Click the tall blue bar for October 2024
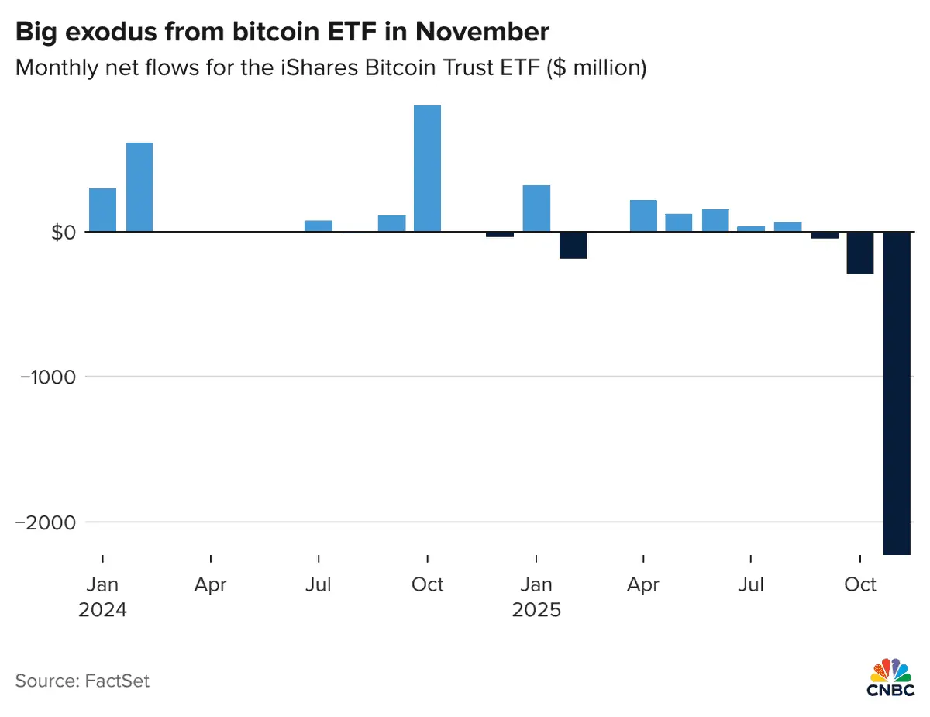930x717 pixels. tap(427, 168)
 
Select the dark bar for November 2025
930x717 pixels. tap(897, 393)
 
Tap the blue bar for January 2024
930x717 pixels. tap(102, 210)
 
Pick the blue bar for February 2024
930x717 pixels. tap(139, 188)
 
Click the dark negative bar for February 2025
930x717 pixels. tap(573, 245)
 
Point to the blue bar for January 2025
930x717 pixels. tap(536, 209)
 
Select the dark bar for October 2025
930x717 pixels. tap(860, 253)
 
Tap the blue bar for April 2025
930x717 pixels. tap(643, 215)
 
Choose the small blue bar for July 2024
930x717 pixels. tap(319, 226)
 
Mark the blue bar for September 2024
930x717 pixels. tap(391, 223)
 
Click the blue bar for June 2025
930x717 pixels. tap(715, 220)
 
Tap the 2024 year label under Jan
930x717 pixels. tap(102, 610)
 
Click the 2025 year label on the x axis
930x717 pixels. tap(536, 610)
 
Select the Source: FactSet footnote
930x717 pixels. tap(82, 681)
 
